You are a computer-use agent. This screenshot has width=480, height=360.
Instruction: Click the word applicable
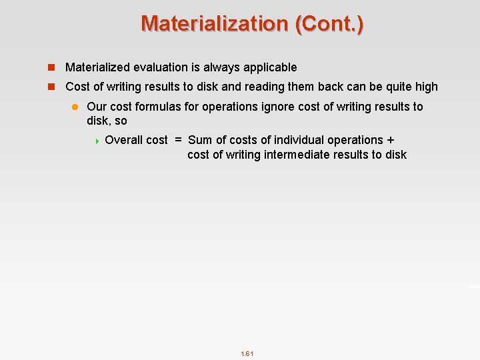pyautogui.click(x=269, y=67)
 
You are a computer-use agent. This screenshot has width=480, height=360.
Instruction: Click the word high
pyautogui.click(x=425, y=87)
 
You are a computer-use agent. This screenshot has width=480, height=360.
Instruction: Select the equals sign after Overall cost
pyautogui.click(x=178, y=140)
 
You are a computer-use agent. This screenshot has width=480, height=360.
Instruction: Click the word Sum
pyautogui.click(x=200, y=140)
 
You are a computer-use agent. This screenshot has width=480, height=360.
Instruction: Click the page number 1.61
pyautogui.click(x=247, y=353)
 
